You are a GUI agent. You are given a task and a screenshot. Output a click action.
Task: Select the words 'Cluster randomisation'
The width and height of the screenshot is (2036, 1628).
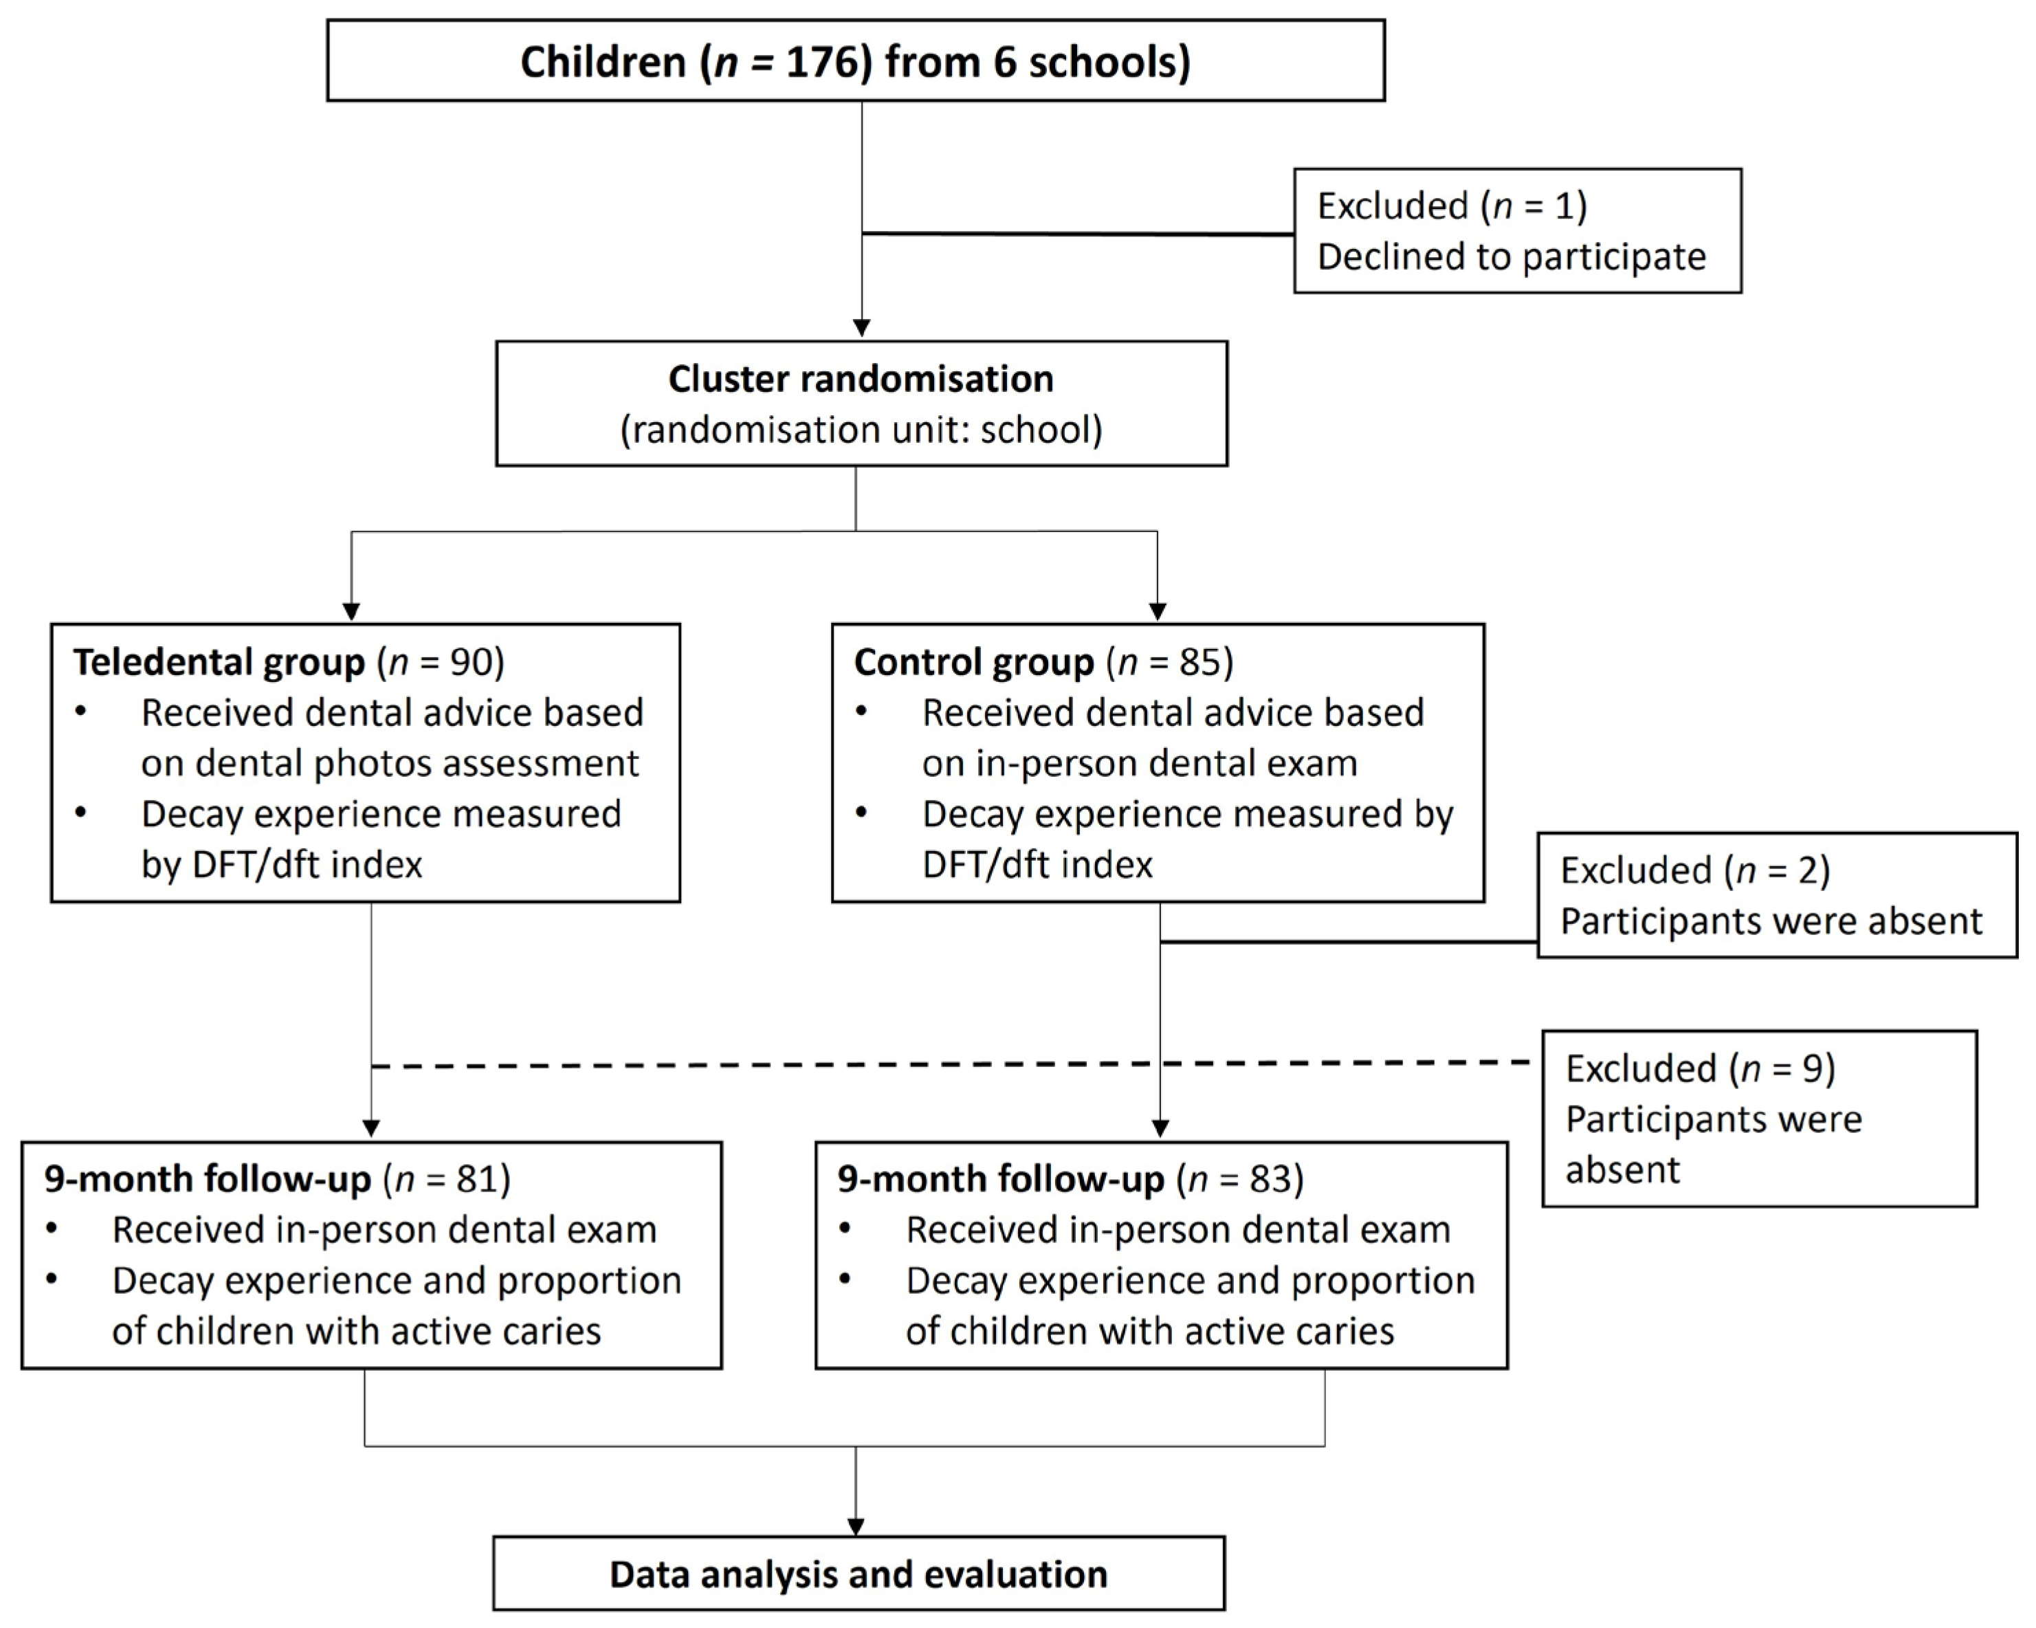pos(861,379)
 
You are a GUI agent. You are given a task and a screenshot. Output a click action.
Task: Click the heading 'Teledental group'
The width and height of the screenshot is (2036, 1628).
pos(219,663)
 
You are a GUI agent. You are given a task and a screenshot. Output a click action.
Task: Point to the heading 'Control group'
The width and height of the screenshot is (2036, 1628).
pos(973,663)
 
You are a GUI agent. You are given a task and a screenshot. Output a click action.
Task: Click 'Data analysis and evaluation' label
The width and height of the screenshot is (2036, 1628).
pos(859,1574)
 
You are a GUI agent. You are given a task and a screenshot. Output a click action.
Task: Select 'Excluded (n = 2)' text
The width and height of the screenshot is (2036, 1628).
pos(1695,870)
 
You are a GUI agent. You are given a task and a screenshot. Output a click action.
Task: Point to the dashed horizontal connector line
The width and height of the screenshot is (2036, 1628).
pos(755,1065)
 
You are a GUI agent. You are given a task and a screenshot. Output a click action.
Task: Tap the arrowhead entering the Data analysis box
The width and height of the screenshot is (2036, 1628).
pos(856,1527)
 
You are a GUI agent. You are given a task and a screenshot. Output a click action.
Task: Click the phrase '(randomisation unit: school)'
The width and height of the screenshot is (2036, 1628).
pos(861,430)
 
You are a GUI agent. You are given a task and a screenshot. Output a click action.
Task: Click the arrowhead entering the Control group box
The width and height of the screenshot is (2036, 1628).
pos(1157,612)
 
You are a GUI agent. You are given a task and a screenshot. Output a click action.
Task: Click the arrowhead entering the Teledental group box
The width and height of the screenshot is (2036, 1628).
pos(351,612)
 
